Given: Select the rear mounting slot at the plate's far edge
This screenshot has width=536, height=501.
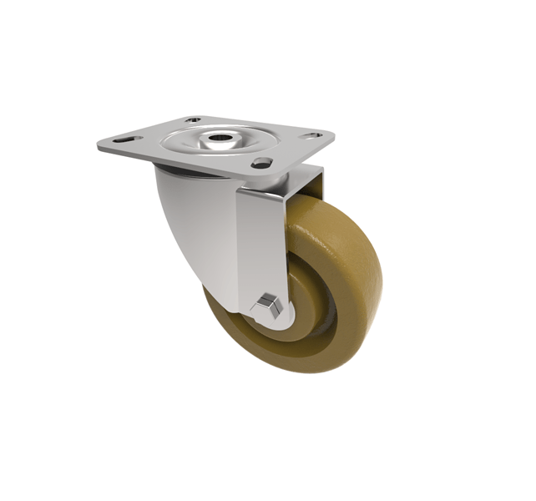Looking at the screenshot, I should (x=195, y=119).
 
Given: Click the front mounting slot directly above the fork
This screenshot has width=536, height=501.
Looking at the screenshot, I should (x=260, y=162).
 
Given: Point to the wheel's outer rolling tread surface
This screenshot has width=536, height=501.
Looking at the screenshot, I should (x=351, y=250).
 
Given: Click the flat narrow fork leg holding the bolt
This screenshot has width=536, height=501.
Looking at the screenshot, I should (x=262, y=242).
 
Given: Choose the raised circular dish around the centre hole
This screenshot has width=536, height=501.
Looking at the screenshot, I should (x=209, y=142).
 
